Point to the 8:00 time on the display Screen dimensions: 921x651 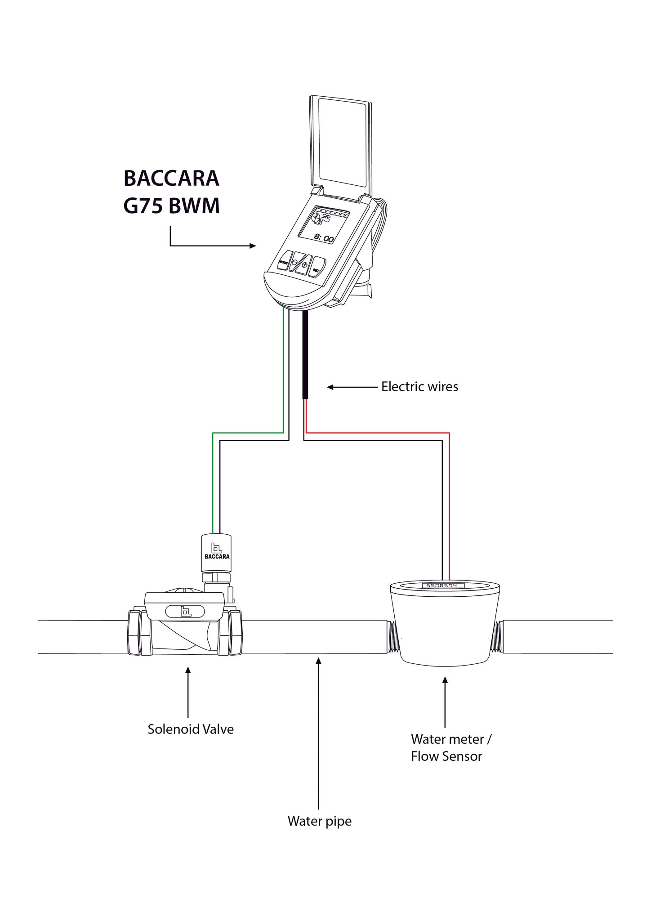324,239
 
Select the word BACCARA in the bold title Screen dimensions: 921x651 171,179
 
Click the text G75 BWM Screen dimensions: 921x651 171,206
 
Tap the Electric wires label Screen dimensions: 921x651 419,387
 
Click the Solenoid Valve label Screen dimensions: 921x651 191,729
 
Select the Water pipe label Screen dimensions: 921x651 319,821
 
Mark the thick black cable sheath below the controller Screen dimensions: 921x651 305,355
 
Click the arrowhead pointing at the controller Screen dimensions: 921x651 253,246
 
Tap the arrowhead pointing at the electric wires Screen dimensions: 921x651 330,387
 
